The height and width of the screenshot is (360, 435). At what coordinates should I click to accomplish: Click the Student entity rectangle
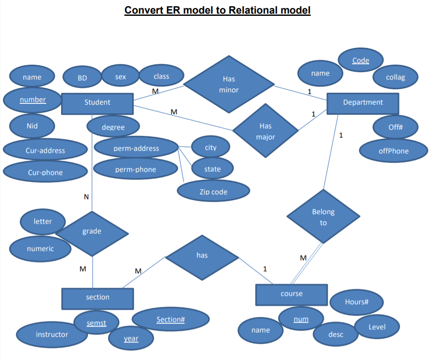97,103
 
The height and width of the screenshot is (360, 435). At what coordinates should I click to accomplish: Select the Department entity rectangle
362,103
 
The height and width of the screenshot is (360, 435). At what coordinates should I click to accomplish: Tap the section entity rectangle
97,298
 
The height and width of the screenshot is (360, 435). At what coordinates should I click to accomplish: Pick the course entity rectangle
291,294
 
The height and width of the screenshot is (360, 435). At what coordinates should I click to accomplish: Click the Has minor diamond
228,84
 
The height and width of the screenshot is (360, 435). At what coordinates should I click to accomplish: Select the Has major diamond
265,131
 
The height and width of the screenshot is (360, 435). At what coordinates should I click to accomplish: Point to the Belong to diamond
323,217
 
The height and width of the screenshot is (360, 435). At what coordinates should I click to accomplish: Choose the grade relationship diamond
92,232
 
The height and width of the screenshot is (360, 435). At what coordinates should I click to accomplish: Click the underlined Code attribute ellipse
360,61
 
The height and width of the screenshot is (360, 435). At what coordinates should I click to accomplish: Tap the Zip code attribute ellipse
214,192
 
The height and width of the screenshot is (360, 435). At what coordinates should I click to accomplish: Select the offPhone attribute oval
393,151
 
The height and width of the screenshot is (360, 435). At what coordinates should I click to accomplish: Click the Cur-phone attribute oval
45,172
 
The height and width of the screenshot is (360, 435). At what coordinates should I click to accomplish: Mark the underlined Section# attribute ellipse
170,320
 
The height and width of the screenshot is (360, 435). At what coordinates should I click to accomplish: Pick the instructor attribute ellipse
52,335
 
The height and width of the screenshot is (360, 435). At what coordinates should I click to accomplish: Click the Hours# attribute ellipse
356,302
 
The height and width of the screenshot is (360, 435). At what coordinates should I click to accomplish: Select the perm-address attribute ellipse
136,149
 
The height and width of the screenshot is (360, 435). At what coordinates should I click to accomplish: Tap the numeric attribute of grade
40,249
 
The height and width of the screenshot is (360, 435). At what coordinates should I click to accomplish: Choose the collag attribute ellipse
395,77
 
